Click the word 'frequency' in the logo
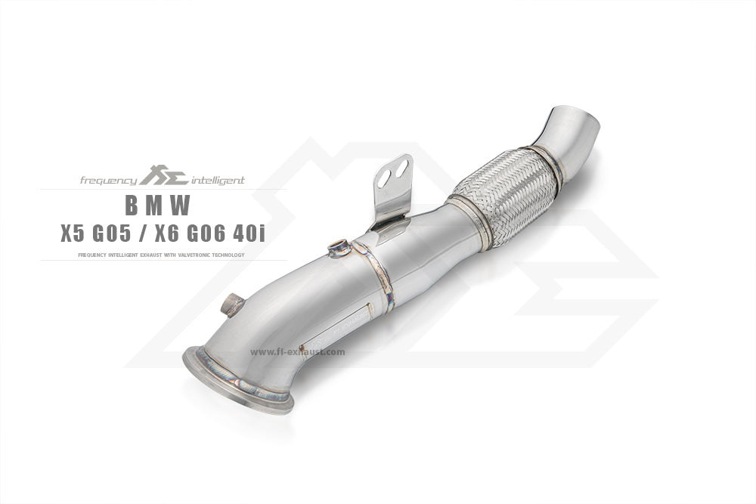coord(109,181)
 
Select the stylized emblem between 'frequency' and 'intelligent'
coord(160,178)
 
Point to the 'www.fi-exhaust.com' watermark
coord(297,351)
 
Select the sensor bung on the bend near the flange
coord(231,305)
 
